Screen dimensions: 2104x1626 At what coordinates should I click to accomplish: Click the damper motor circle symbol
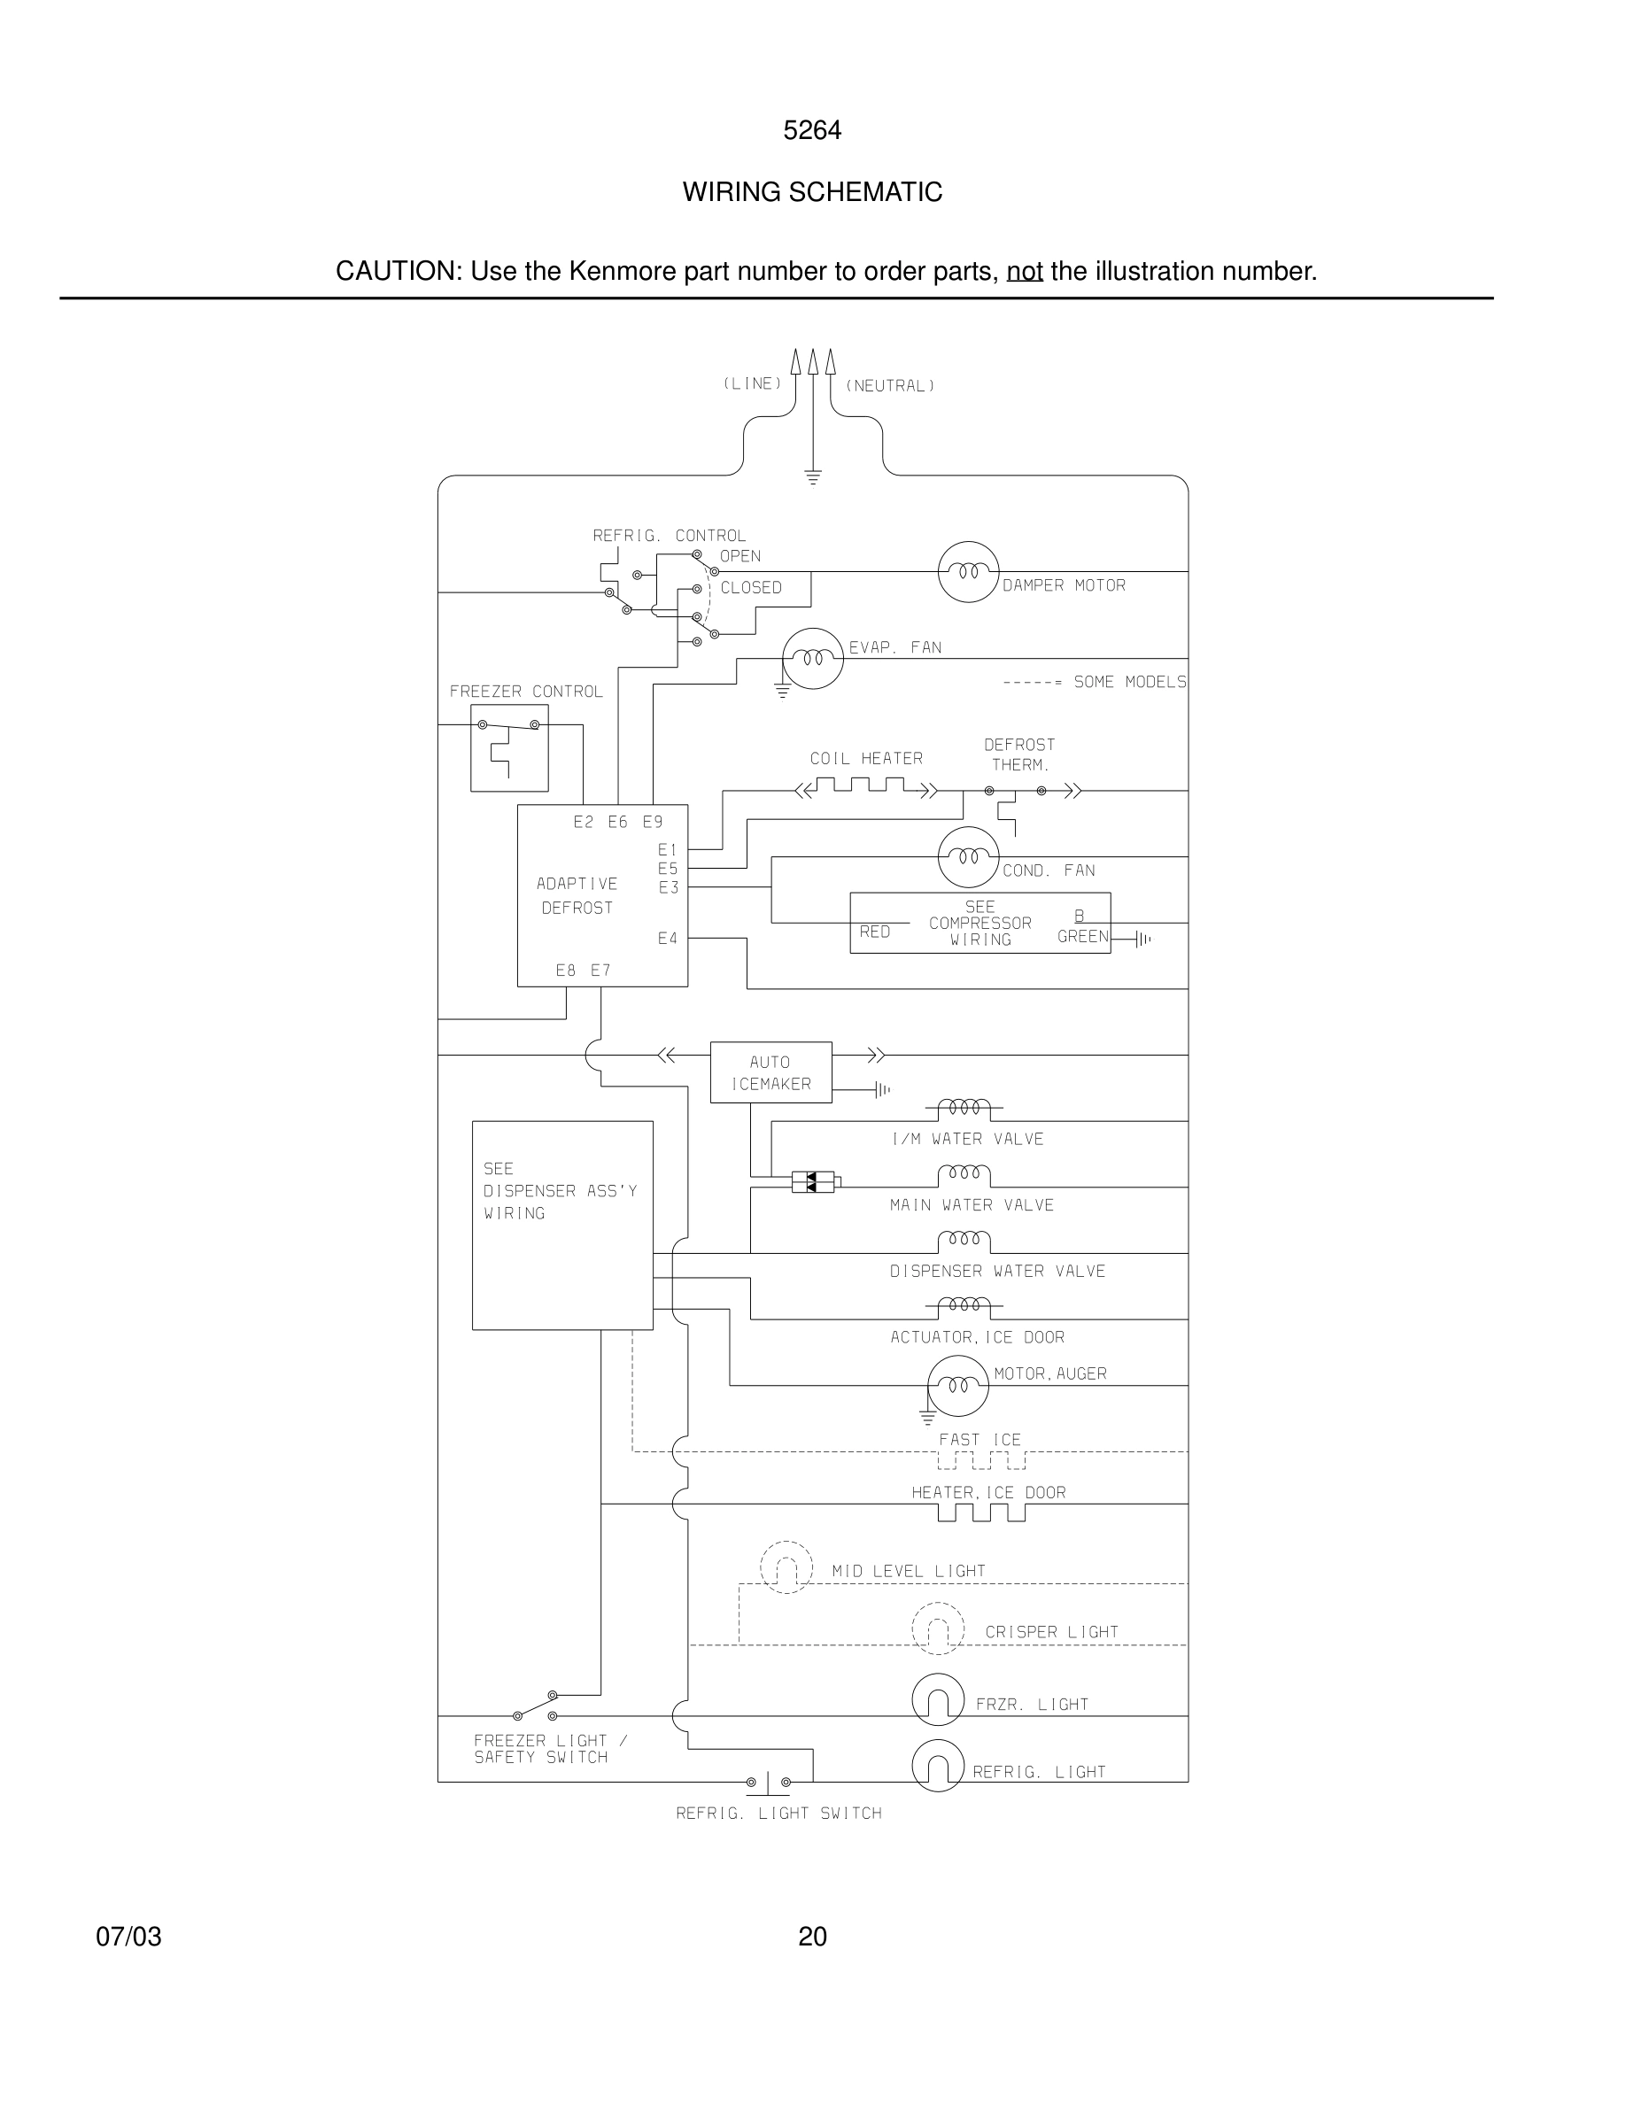coord(968,571)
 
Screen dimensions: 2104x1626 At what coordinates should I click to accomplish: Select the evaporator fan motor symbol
coord(812,659)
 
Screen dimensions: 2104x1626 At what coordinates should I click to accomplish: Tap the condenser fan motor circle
coord(968,856)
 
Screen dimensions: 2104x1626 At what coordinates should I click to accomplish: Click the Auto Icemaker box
coord(770,1072)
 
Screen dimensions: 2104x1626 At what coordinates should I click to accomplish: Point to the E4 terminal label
coord(668,939)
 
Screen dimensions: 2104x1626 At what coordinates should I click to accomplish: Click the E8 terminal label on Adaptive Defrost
coord(565,971)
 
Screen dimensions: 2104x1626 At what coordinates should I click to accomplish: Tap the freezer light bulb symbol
coord(937,1700)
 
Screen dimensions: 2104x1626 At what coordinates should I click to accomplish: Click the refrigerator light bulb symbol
coord(937,1766)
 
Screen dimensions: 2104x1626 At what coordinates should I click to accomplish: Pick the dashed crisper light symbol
coord(937,1628)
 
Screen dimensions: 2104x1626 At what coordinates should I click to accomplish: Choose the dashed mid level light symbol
coord(786,1567)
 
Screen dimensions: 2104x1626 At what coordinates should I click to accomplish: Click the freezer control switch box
coord(508,747)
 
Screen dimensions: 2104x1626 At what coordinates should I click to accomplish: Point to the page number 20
coord(812,1937)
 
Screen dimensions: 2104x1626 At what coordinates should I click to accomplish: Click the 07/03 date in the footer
coord(128,1937)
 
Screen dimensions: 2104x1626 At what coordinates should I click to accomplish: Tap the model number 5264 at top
coord(812,130)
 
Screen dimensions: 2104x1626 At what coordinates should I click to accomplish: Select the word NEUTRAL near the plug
coord(890,386)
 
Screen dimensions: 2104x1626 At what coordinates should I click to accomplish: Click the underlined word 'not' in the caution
coord(1024,272)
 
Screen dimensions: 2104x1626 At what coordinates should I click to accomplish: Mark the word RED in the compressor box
coord(875,932)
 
